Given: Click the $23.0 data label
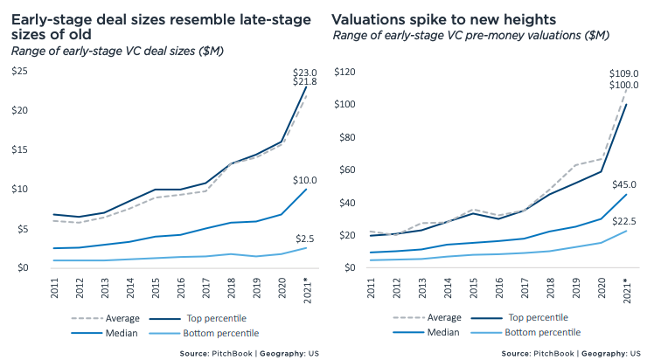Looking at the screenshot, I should coord(303,71).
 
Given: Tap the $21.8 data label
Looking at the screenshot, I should coord(303,82).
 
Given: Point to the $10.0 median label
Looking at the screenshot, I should coord(303,180).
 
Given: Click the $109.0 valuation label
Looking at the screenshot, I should coord(623,73).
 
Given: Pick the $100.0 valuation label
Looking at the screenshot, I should coord(623,85).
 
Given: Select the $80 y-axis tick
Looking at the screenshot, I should coord(345,136).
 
